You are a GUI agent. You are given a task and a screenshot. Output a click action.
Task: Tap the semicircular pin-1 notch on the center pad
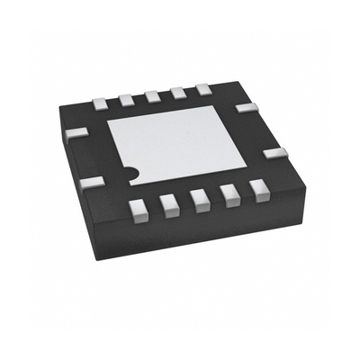[x=131, y=171]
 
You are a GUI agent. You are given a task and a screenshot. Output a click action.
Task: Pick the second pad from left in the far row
[x=126, y=94]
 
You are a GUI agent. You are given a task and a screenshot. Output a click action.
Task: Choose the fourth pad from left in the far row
[x=177, y=90]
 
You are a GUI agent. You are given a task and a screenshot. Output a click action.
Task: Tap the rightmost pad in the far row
[x=203, y=88]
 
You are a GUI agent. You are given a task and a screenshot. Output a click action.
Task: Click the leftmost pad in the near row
[x=138, y=210]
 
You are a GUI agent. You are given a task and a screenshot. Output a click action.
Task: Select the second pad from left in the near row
[x=168, y=207]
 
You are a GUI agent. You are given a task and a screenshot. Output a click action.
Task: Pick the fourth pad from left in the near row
[x=230, y=198]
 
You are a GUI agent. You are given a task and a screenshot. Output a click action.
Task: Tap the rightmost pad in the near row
[x=259, y=191]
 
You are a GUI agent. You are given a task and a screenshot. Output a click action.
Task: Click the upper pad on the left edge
[x=77, y=133]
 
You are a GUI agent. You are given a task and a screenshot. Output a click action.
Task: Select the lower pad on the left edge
[x=91, y=183]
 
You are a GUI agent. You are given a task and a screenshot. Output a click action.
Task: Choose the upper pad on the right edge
[x=245, y=107]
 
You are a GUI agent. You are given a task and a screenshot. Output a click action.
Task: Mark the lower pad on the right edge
[x=276, y=152]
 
